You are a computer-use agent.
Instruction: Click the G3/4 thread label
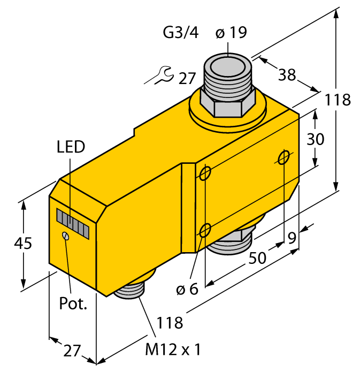180,33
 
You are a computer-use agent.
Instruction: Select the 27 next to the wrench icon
187,79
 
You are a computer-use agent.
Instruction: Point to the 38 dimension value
287,75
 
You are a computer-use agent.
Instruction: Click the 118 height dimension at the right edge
337,100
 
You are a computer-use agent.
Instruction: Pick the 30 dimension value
315,139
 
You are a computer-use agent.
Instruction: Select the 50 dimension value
258,258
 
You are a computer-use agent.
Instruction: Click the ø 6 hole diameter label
187,290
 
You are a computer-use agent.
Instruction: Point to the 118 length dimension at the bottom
170,323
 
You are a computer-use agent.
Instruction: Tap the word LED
71,147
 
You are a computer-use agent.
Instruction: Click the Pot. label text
72,304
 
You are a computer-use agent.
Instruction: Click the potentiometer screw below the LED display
65,236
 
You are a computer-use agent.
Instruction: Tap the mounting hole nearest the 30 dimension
284,157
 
